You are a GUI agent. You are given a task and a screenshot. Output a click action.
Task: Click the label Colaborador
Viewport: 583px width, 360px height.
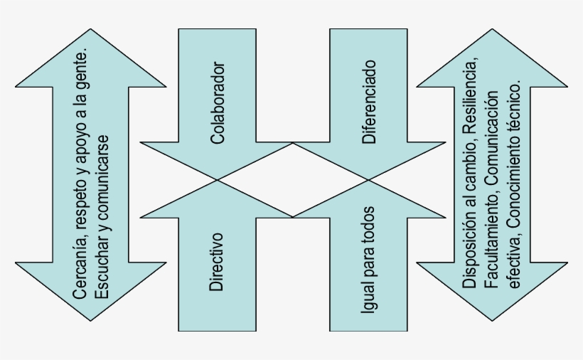218,103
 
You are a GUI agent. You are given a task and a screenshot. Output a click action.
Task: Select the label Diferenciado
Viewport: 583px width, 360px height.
368,102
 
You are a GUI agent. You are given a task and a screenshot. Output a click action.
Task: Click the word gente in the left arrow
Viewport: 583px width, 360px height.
80,70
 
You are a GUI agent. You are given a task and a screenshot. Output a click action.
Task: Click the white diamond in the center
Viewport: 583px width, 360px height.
291,179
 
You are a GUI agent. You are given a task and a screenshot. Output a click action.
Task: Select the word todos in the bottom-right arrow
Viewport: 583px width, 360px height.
368,226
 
